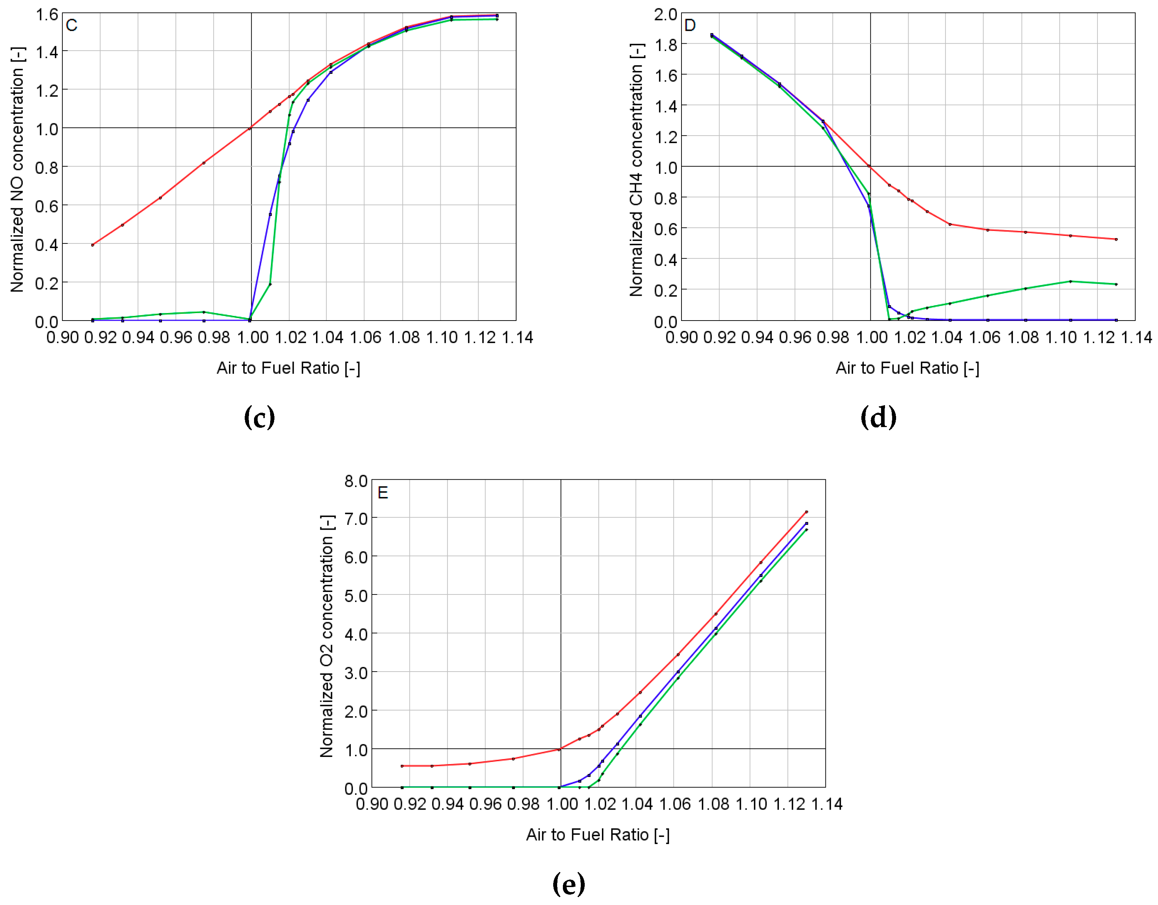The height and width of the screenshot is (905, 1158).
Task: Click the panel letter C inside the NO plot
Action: coord(72,25)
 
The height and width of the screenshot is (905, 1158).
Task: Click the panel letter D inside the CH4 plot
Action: coord(690,25)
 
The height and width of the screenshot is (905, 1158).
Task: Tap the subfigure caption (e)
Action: coord(568,884)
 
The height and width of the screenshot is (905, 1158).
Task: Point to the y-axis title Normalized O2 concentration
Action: coord(327,635)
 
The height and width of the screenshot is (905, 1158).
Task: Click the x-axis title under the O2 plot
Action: coord(598,835)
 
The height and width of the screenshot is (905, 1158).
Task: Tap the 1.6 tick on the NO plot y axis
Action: coord(47,14)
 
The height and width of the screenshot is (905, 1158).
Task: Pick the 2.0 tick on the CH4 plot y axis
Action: coord(665,14)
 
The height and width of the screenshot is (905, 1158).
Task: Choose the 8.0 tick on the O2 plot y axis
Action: coord(356,481)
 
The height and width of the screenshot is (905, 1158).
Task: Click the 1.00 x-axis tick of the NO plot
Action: coord(252,337)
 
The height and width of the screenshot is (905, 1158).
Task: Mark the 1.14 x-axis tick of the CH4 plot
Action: coord(1136,337)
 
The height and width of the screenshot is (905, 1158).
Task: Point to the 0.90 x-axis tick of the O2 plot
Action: coord(372,804)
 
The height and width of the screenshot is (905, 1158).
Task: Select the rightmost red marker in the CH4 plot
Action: coord(1116,239)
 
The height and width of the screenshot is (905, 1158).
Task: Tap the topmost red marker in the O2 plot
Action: coord(807,512)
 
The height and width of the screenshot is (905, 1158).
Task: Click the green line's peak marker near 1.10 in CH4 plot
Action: coord(1071,281)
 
